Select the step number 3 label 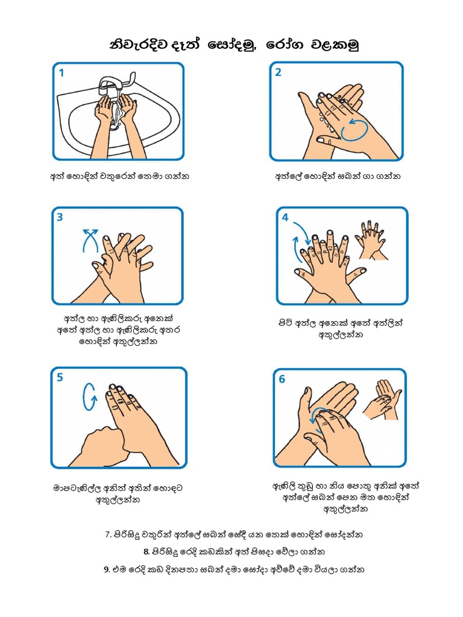60,218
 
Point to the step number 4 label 285,217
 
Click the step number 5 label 60,378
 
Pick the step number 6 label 282,378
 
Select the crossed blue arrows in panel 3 90,240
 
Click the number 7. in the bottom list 109,534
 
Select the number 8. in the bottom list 146,551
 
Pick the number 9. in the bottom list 107,569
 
